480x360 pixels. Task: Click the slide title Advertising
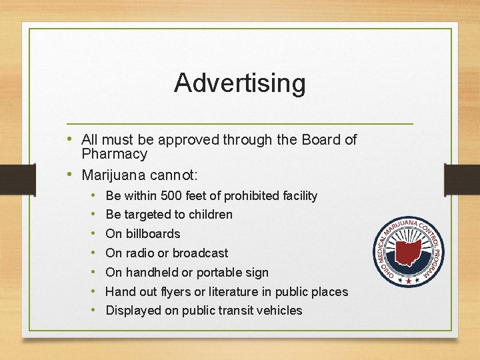pos(240,83)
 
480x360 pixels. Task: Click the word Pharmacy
pos(114,154)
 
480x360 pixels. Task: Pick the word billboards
pos(153,234)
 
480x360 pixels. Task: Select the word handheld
pos(150,272)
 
